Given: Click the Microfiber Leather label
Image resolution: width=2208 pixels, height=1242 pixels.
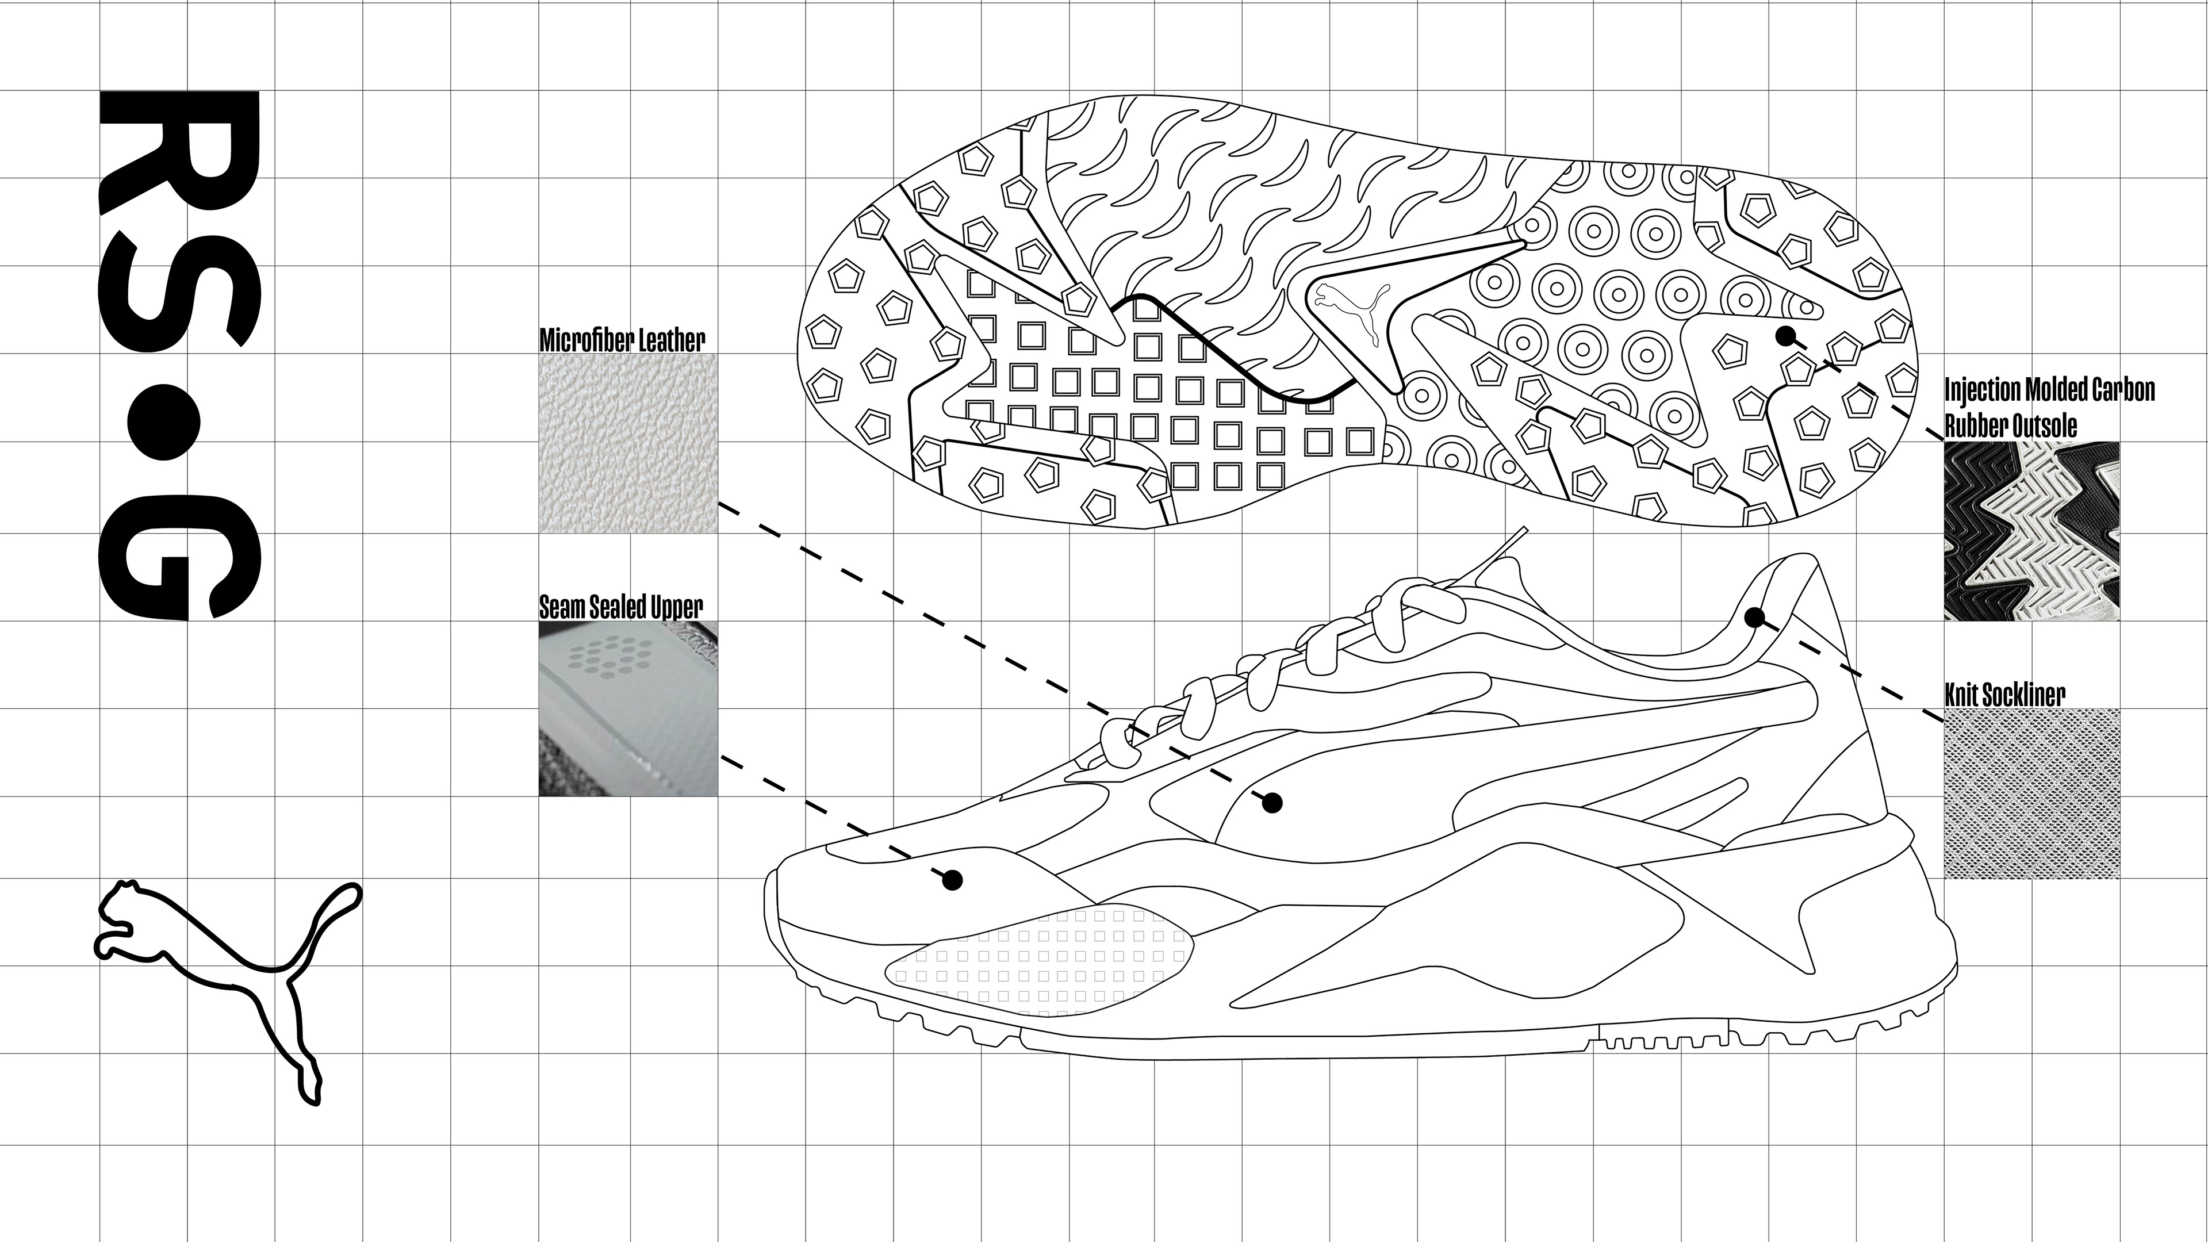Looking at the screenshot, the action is [x=622, y=340].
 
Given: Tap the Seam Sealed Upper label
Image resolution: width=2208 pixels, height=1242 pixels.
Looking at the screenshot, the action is [x=620, y=607].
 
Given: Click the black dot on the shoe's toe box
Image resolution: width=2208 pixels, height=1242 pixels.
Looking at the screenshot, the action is [x=952, y=879].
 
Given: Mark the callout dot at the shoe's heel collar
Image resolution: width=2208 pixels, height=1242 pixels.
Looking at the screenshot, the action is [x=1754, y=617].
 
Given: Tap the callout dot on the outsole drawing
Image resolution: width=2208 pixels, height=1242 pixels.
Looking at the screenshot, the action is [x=1785, y=335].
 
